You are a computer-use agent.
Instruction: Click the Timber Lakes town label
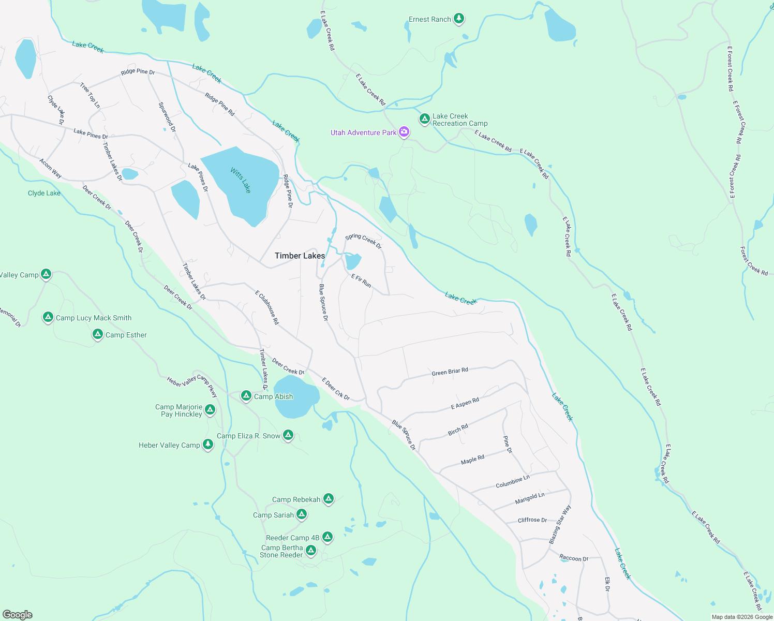coord(300,256)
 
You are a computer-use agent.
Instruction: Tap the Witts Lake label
coord(241,180)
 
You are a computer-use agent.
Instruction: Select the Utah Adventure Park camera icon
coord(404,132)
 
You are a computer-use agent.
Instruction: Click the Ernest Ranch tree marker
coord(458,19)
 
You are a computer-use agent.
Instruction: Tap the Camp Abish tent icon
coord(246,396)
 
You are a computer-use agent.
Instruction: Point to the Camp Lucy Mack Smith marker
coord(48,317)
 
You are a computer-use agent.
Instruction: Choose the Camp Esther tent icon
coord(98,334)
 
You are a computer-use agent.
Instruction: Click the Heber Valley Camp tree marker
coord(207,445)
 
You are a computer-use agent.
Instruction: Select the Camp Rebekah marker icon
coord(328,499)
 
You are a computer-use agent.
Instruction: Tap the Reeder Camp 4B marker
coord(327,537)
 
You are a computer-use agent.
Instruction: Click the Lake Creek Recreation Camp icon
coord(425,119)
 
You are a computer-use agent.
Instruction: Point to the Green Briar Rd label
coord(450,372)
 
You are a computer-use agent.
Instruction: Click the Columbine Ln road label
coord(512,482)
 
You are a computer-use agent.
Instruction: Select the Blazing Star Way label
coord(560,524)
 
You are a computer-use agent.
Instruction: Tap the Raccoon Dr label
coord(573,558)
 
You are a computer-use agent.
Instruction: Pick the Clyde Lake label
coord(44,193)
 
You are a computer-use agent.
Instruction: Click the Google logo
coord(18,614)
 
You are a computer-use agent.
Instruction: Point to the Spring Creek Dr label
coord(363,240)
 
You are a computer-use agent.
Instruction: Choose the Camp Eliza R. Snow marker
coord(288,435)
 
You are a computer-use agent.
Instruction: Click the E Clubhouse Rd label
coord(267,307)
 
